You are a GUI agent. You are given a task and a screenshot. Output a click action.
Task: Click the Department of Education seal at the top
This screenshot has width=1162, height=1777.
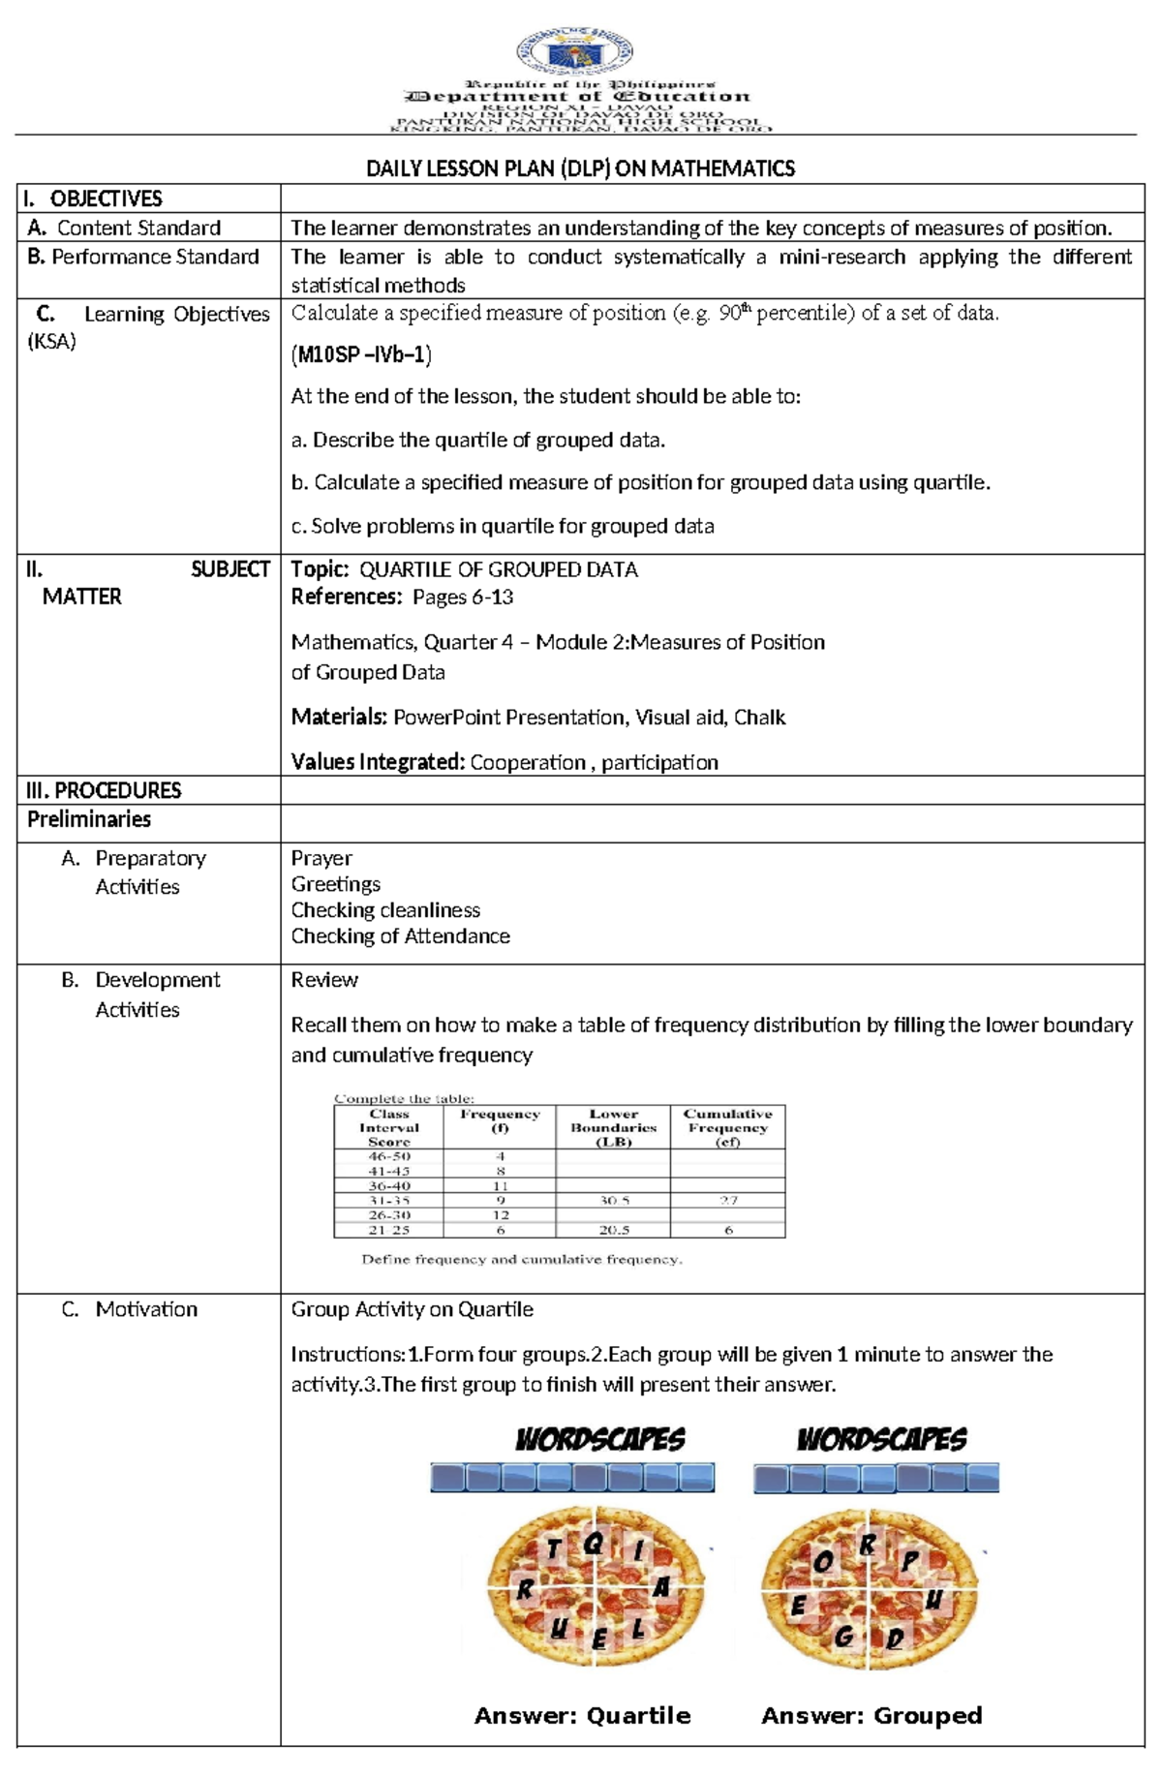[x=574, y=51]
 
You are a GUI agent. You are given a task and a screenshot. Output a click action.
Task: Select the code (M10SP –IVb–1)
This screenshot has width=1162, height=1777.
[x=361, y=354]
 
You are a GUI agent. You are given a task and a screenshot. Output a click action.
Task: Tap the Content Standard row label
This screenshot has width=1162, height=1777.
[x=138, y=229]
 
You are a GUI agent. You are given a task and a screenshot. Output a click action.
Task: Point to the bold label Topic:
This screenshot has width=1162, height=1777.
[x=320, y=569]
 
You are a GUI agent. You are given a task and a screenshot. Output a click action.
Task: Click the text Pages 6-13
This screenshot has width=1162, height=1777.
[x=463, y=597]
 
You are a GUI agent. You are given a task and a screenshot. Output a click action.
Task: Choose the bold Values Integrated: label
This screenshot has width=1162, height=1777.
[x=378, y=762]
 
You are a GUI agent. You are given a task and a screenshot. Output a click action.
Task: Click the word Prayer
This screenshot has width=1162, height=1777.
[x=321, y=858]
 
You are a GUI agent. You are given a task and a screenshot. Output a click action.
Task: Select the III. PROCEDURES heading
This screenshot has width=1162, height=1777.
[x=104, y=790]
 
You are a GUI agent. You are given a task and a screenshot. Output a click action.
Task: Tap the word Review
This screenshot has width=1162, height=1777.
[x=324, y=980]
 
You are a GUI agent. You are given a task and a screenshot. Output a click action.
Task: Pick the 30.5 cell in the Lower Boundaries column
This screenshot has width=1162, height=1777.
[x=614, y=1201]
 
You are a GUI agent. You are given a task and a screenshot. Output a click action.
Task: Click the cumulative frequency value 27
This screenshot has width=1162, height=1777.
[x=728, y=1201]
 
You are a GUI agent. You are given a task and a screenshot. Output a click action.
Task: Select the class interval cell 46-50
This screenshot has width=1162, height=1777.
[x=389, y=1156]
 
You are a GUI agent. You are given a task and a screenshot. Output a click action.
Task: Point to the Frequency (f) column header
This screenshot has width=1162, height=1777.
[x=500, y=1120]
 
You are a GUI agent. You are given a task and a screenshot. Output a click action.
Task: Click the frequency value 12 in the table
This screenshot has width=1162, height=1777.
[x=501, y=1215]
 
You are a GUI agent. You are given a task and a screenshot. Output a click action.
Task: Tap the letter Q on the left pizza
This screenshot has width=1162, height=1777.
[x=594, y=1544]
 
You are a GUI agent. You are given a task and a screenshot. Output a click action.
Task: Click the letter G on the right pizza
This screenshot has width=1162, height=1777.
[x=843, y=1637]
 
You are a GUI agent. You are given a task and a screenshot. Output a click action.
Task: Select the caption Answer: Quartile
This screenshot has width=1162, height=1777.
[x=582, y=1716]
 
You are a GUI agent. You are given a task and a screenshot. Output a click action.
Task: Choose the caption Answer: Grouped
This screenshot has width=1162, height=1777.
[x=871, y=1716]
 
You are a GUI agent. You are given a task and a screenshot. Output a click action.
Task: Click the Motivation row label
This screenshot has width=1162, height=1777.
[x=145, y=1309]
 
